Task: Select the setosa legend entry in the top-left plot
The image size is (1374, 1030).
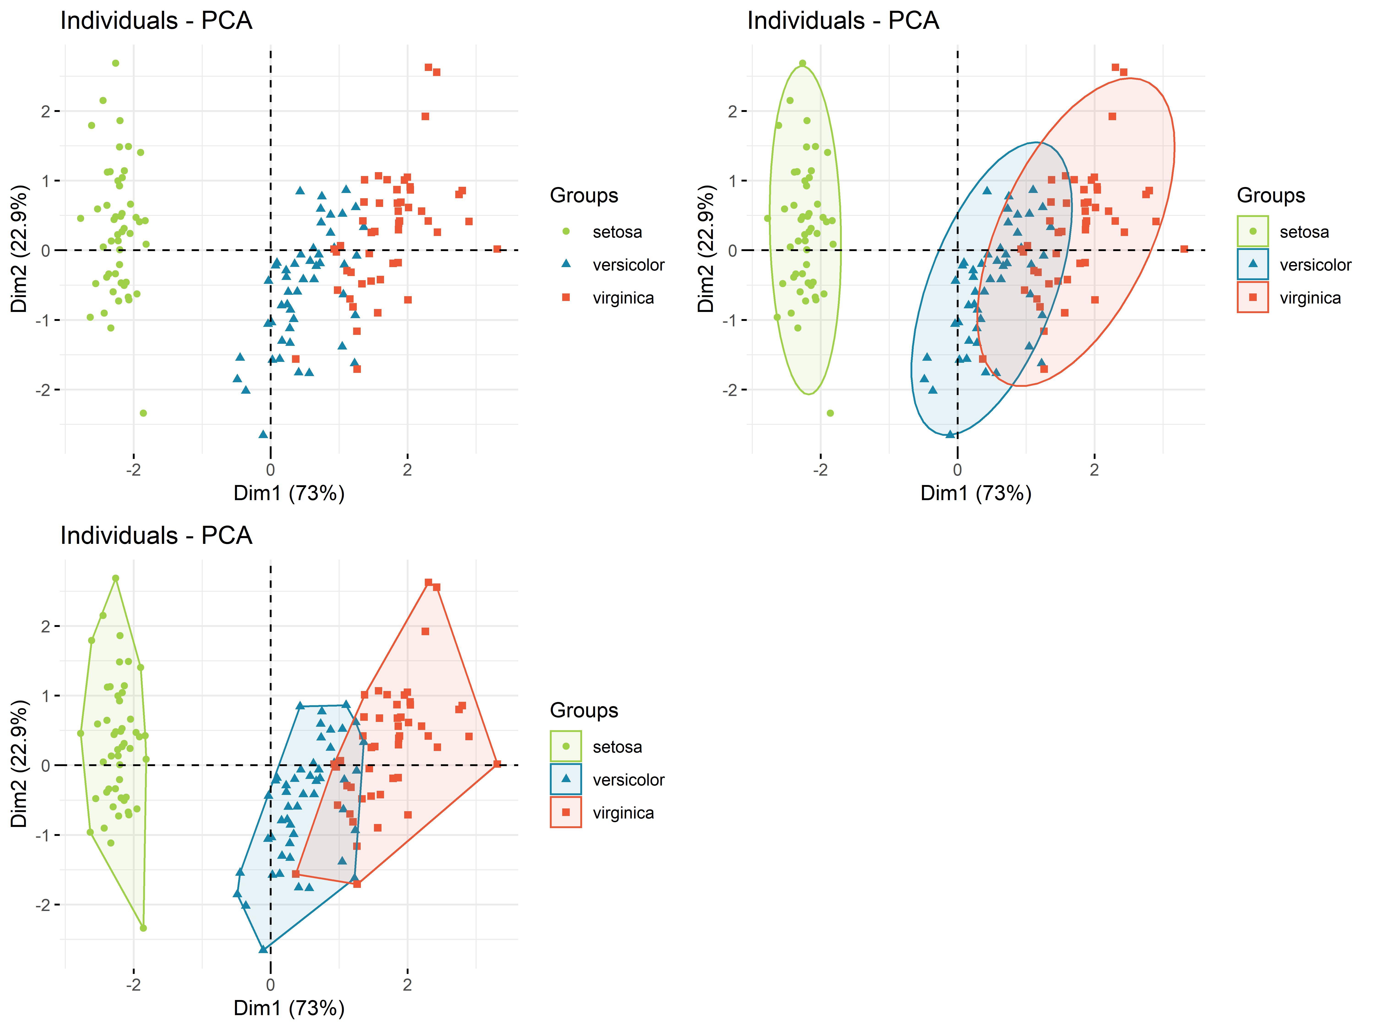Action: point(617,232)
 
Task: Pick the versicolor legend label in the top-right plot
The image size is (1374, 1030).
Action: point(1315,265)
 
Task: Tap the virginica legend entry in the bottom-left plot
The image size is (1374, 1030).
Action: point(623,813)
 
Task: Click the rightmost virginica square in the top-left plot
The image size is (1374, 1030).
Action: point(497,249)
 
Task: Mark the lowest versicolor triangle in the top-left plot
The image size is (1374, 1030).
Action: point(263,434)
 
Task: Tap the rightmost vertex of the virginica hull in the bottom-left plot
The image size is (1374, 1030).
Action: point(497,764)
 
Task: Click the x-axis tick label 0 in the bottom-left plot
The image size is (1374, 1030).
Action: point(270,985)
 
